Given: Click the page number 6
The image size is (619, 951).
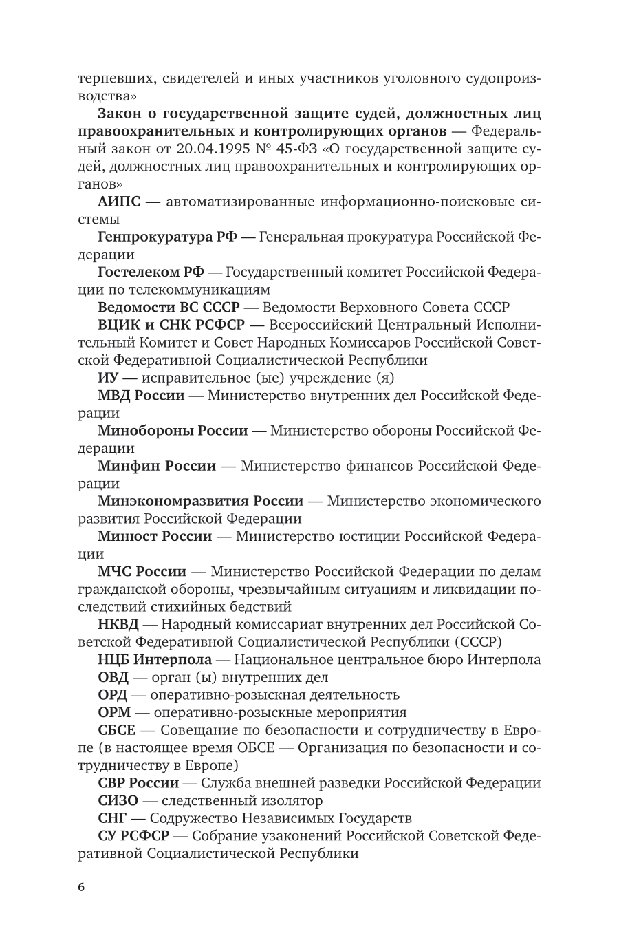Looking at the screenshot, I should coord(81,887).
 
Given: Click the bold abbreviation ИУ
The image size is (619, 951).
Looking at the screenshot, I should coord(108,378).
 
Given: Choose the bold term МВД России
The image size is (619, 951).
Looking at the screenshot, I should coord(141,396).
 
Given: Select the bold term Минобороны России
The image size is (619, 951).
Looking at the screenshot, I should coord(173,431).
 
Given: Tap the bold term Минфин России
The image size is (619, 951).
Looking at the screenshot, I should coord(157,466).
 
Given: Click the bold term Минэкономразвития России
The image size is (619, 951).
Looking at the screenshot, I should coord(200,501).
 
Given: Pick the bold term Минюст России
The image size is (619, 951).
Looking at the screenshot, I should coord(155,536).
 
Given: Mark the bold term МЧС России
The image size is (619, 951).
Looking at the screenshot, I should coord(142,571).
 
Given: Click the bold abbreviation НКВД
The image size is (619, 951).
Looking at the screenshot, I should coord(118,624).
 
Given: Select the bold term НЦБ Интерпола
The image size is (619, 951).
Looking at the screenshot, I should coord(154,660).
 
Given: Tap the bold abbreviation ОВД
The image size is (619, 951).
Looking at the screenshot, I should coord(113,677).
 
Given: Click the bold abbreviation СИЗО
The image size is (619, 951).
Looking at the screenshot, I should coord(118,800).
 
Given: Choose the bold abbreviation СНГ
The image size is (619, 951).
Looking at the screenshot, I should coord(113,818).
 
